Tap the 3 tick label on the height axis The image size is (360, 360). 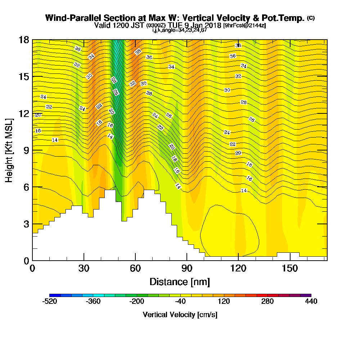[26, 224]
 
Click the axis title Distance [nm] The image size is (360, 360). [180, 281]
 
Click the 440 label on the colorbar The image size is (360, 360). [311, 301]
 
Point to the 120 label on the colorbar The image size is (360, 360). [224, 301]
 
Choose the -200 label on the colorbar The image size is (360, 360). [137, 301]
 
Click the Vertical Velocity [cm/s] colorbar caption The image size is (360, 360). [180, 315]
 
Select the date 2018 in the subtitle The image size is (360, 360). [213, 25]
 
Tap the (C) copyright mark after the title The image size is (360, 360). [311, 18]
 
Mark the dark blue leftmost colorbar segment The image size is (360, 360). [55, 295]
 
